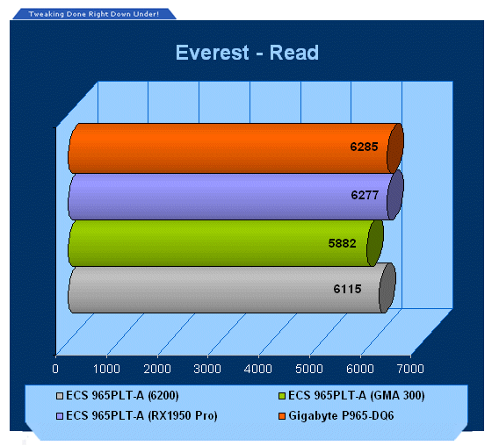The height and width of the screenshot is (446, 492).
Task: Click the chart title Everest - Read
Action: click(x=247, y=53)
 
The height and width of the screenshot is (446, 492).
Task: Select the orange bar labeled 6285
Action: click(x=235, y=148)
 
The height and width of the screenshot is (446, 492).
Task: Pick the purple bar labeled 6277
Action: click(x=235, y=196)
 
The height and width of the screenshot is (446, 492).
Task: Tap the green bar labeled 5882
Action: click(x=225, y=243)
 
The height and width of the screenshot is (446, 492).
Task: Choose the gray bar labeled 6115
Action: click(x=232, y=289)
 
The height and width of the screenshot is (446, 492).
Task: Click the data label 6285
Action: click(x=364, y=147)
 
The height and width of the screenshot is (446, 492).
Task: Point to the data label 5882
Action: click(x=342, y=243)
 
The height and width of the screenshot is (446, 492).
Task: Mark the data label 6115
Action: click(x=347, y=289)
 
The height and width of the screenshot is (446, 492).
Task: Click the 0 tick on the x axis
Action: click(x=55, y=369)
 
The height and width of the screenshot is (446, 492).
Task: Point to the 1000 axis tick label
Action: click(x=106, y=369)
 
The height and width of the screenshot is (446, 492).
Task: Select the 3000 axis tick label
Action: click(x=207, y=369)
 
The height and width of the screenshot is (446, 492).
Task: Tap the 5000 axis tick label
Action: click(x=309, y=369)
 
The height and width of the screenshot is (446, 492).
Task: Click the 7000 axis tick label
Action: click(x=410, y=369)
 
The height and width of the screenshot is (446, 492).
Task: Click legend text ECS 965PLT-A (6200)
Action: click(x=122, y=395)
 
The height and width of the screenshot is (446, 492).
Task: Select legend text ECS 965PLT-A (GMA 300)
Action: click(x=357, y=395)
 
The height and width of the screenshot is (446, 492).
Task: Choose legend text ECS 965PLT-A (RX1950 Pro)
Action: click(x=141, y=415)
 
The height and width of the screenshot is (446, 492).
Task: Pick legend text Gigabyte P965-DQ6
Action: click(x=341, y=415)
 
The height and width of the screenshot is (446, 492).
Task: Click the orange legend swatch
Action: click(x=282, y=416)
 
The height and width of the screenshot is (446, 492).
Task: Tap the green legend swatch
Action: click(x=282, y=396)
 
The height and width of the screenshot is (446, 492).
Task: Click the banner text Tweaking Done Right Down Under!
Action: click(x=94, y=14)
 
